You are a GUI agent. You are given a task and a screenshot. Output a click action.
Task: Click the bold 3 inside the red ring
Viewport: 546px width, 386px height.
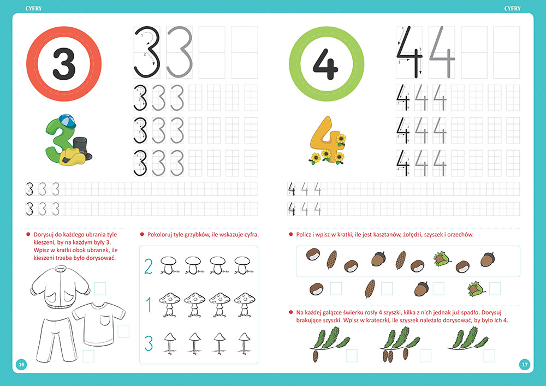pos(64,64)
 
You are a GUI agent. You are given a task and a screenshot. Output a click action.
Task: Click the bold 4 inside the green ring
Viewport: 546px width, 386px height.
pos(325,64)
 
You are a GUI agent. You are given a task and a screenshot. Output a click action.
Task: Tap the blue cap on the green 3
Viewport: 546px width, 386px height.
pos(67,121)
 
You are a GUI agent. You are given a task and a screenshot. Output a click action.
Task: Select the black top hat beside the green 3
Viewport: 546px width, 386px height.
pos(82,147)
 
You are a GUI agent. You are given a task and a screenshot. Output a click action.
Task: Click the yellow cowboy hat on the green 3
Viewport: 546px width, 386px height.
pos(72,157)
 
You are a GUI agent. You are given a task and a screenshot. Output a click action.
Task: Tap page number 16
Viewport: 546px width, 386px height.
pos(21,364)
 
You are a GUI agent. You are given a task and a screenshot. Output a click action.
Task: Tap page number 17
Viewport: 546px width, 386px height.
pos(525,364)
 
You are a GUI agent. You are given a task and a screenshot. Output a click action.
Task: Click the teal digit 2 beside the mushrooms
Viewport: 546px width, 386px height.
pos(149,266)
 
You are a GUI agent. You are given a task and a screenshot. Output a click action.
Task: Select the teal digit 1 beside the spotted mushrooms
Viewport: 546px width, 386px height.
pos(149,305)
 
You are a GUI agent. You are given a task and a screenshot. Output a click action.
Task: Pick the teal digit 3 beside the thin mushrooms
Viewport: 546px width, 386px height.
pos(149,343)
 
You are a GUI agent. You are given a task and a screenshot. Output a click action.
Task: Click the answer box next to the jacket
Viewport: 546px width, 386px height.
pos(100,288)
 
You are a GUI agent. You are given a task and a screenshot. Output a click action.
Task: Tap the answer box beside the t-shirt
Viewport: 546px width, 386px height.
pos(123,331)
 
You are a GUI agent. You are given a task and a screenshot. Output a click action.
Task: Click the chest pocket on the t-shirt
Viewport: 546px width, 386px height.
pos(105,320)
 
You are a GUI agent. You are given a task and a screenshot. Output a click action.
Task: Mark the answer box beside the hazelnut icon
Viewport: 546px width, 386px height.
pos(495,288)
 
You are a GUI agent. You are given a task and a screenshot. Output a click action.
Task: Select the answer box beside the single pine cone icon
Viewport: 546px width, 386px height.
pos(387,288)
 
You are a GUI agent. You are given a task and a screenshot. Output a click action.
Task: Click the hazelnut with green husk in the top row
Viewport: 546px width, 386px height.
pos(442,259)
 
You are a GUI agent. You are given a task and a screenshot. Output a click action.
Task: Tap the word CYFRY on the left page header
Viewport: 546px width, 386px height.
pos(33,8)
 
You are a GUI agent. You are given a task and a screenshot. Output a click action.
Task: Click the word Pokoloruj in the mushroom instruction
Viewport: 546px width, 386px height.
pos(159,235)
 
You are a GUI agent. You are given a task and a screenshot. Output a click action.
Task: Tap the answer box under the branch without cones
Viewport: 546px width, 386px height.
pos(489,356)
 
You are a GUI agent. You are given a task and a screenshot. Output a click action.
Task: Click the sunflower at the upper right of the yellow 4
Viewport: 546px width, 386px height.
pos(341,140)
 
